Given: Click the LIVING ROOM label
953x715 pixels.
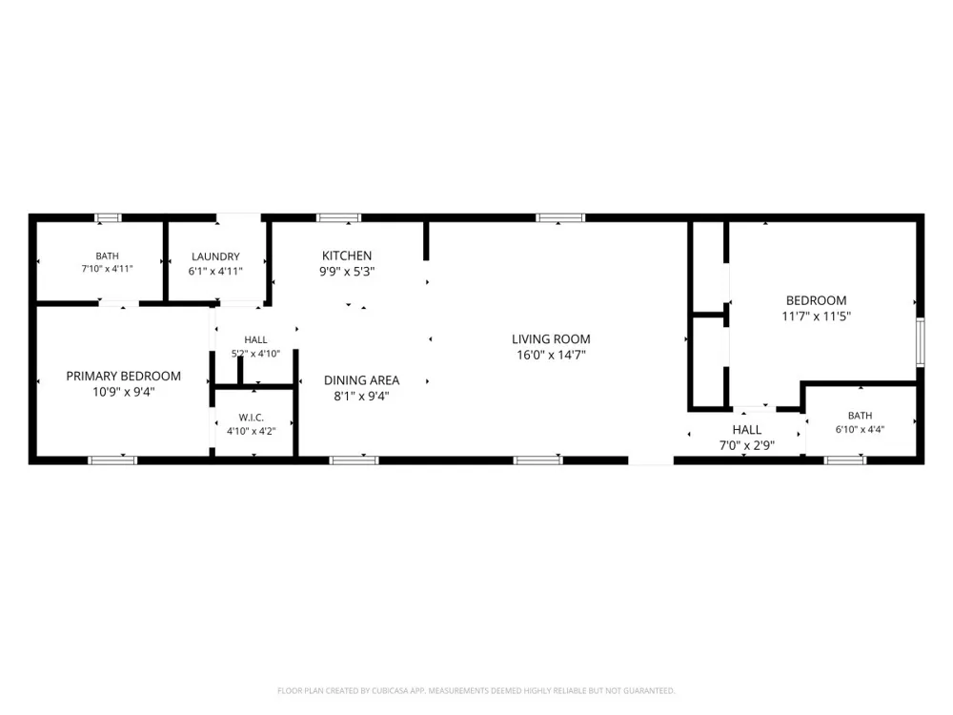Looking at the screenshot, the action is pyautogui.click(x=551, y=339).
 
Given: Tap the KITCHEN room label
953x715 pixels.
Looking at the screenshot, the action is pyautogui.click(x=347, y=255).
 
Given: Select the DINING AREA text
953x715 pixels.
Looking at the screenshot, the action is pyautogui.click(x=361, y=380).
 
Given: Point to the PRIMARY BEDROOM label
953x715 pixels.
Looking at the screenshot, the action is pyautogui.click(x=123, y=377).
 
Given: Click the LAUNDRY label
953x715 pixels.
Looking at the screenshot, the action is pyautogui.click(x=215, y=256).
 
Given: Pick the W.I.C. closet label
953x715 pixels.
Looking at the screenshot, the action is pyautogui.click(x=251, y=418).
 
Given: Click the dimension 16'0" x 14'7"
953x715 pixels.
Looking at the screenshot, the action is pyautogui.click(x=551, y=355).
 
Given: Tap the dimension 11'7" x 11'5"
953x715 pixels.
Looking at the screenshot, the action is pyautogui.click(x=817, y=317).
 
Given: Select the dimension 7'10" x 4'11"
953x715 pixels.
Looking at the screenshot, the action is pyautogui.click(x=107, y=268).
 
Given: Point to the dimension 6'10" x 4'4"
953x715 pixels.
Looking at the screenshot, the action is pyautogui.click(x=860, y=429).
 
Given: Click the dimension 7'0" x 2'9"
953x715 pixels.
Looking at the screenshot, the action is pyautogui.click(x=747, y=445).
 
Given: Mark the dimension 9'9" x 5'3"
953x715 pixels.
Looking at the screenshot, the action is pyautogui.click(x=347, y=272).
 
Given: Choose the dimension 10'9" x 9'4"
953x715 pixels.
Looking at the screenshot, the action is pyautogui.click(x=123, y=392).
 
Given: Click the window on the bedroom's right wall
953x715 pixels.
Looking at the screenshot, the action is pyautogui.click(x=921, y=342).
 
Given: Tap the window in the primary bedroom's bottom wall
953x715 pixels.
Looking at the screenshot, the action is pyautogui.click(x=112, y=460).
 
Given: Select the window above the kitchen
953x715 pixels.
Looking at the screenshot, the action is pyautogui.click(x=338, y=217).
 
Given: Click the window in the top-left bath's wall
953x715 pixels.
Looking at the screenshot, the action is pyautogui.click(x=109, y=217).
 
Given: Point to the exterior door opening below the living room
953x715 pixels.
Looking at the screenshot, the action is pyautogui.click(x=651, y=460).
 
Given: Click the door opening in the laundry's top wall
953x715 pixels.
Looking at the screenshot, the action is pyautogui.click(x=239, y=217).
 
